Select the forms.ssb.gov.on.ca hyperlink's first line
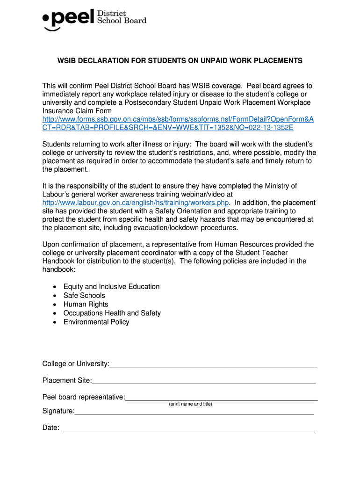click(178, 120)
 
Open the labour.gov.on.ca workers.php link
click(136, 203)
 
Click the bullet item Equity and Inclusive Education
click(111, 287)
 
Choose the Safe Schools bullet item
click(84, 296)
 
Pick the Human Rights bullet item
click(86, 305)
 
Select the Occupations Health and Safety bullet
click(112, 313)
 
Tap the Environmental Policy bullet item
click(96, 322)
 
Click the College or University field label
click(76, 364)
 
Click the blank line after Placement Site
click(204, 383)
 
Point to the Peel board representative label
click(84, 398)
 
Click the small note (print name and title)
click(190, 404)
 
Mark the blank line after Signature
click(194, 414)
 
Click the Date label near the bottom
click(50, 428)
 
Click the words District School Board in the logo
click(121, 17)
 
